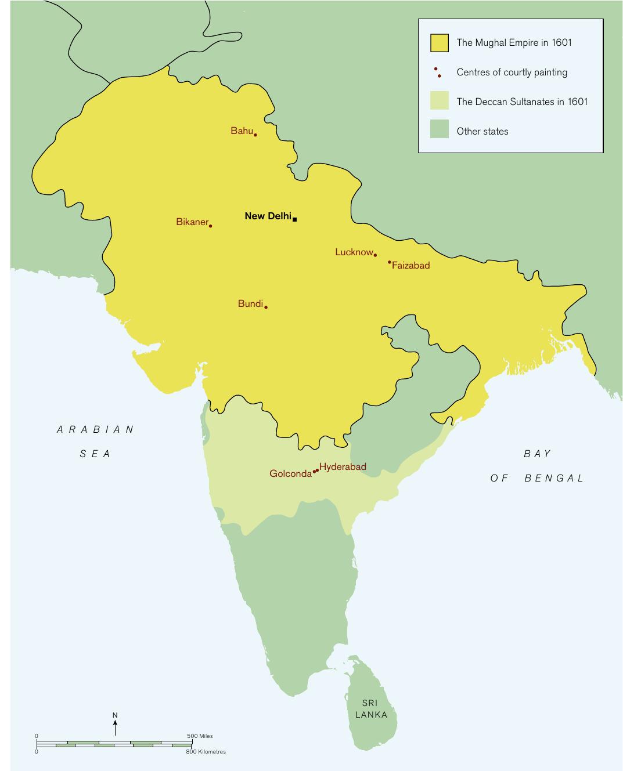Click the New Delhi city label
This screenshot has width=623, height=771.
click(268, 216)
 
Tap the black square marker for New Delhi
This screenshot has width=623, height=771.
click(295, 219)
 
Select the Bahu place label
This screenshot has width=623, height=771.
click(242, 131)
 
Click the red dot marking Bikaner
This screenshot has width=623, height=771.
click(210, 226)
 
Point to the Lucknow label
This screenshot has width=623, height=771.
click(354, 252)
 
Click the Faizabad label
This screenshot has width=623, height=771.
click(411, 266)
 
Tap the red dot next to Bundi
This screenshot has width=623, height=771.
click(266, 307)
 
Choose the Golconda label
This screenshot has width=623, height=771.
click(290, 474)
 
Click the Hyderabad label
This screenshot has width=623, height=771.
click(343, 467)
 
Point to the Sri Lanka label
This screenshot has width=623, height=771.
click(371, 709)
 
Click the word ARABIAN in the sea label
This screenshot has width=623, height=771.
click(96, 430)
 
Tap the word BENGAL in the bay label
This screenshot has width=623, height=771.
click(554, 479)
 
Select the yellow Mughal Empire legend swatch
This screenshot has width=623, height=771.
click(439, 43)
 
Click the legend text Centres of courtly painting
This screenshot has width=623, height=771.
click(512, 73)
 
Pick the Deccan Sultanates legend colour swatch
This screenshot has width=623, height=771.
click(439, 101)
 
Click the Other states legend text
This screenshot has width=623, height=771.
click(482, 132)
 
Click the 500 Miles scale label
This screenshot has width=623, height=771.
click(200, 736)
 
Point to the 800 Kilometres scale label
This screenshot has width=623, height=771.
click(206, 752)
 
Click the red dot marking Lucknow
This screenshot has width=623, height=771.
click(375, 255)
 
